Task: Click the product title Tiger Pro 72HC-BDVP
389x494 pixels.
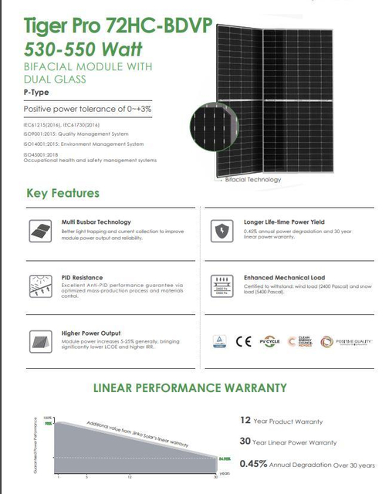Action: click(x=100, y=25)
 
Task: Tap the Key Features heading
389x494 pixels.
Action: click(x=63, y=192)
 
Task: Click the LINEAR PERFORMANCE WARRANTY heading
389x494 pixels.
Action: click(x=190, y=387)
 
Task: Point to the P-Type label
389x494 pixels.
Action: click(x=36, y=92)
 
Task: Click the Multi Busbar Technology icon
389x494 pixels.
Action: click(x=36, y=230)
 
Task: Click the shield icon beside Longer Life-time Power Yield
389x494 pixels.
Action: click(x=222, y=230)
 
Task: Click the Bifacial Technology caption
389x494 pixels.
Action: click(x=252, y=179)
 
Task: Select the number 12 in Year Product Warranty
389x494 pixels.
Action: click(x=246, y=421)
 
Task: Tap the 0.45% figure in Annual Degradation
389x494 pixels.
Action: click(x=253, y=464)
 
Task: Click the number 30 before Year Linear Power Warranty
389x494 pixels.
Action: click(x=246, y=442)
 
